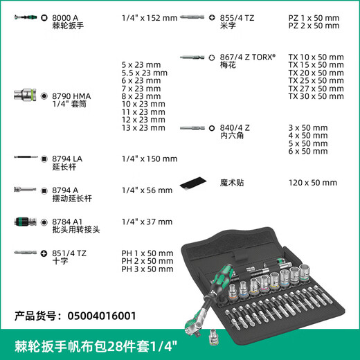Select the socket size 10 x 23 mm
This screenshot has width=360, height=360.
tap(143, 104)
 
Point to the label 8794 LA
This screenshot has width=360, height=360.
tap(67, 159)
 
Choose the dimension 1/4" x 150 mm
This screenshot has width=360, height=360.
tap(149, 159)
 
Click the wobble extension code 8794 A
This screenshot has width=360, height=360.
tap(65, 189)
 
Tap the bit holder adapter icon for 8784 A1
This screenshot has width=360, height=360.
tap(25, 222)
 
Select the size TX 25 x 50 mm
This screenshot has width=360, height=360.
tap(316, 80)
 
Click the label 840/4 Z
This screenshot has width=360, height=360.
tap(235, 127)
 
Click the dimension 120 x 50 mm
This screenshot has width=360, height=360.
tap(312, 183)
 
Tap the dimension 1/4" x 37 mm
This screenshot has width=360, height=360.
tap(146, 222)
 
